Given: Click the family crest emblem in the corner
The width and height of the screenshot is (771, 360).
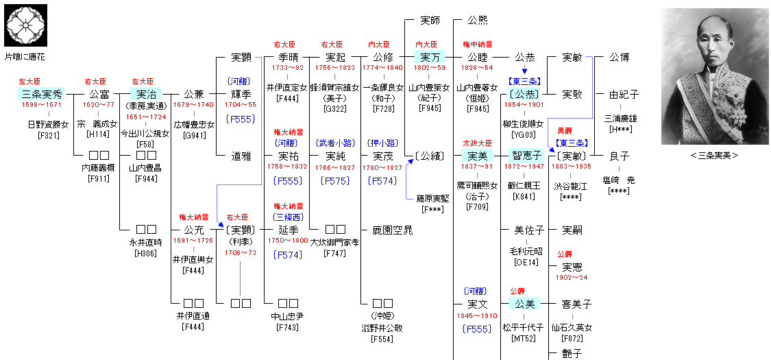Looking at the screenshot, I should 25,25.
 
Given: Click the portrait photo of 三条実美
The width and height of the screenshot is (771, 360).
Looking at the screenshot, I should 714,76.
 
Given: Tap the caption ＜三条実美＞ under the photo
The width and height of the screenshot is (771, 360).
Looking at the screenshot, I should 714,155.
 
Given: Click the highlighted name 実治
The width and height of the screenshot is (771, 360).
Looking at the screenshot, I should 145,94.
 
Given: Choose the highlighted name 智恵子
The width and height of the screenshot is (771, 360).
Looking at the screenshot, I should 527,156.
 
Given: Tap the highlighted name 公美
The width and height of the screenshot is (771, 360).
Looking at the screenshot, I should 524,304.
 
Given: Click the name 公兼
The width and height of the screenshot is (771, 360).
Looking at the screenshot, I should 194,94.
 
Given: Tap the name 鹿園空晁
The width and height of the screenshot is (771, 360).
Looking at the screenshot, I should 393,230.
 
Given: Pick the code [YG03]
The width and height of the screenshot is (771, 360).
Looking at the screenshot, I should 524,135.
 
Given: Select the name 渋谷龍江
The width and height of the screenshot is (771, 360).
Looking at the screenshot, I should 572,186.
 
